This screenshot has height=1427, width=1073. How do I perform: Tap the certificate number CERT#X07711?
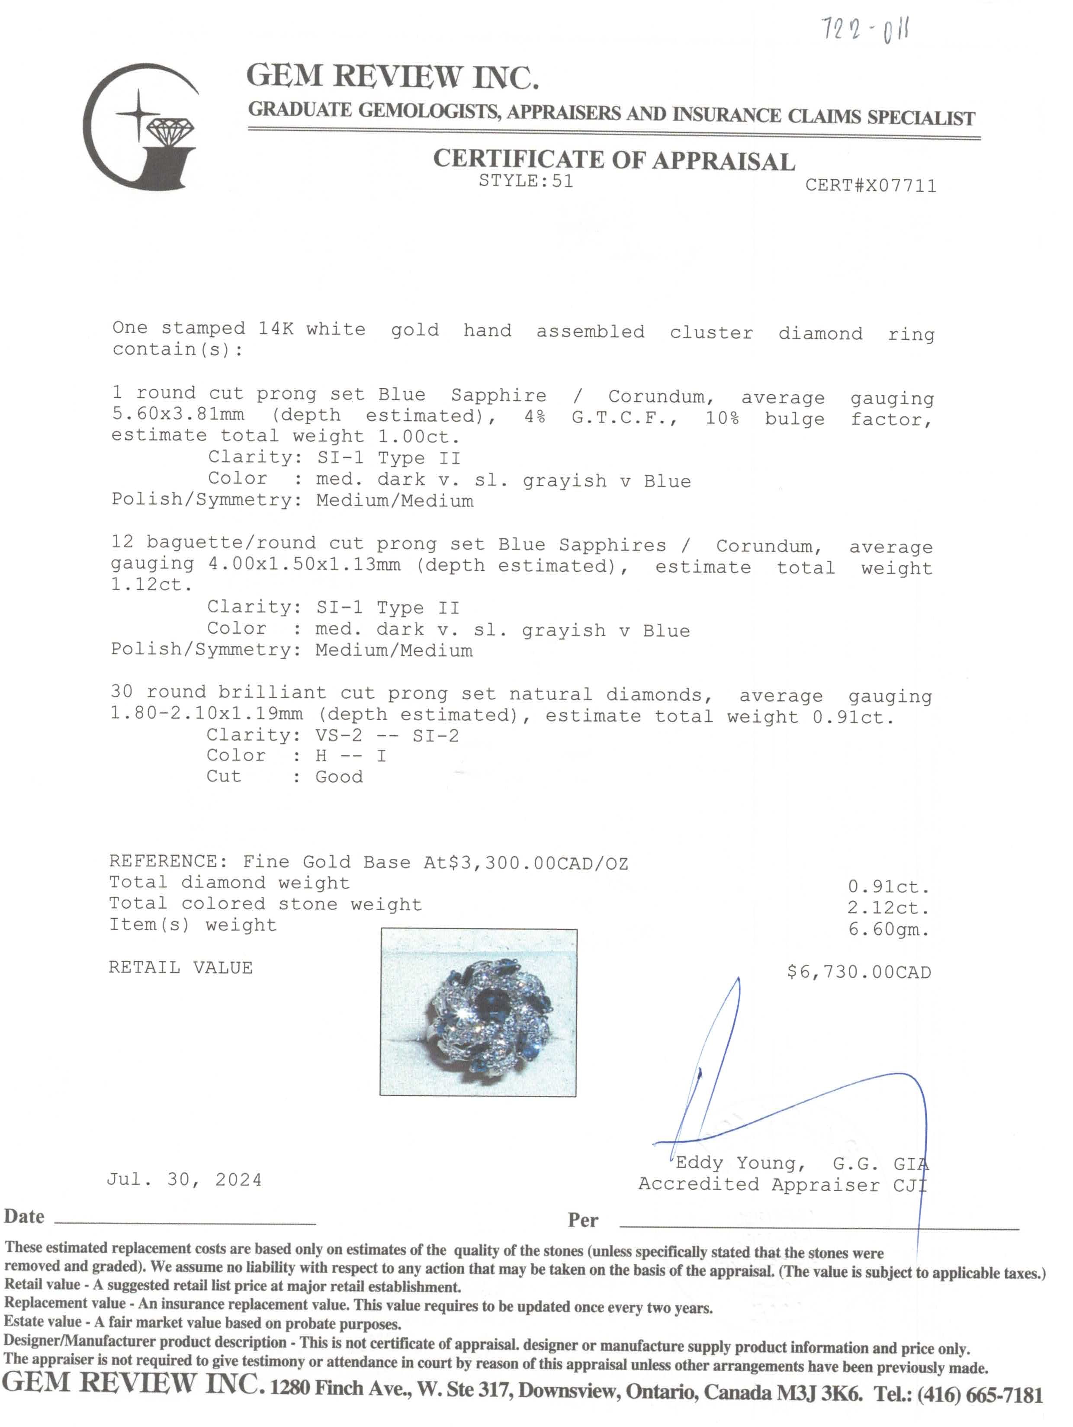click(870, 186)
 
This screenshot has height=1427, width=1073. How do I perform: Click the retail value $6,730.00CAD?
click(858, 972)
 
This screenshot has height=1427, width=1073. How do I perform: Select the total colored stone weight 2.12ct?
click(888, 908)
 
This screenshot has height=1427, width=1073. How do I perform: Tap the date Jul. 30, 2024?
click(184, 1180)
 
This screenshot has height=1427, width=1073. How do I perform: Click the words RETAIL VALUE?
click(180, 968)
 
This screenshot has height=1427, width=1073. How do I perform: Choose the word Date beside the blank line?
click(25, 1217)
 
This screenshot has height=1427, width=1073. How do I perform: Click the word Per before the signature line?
click(583, 1220)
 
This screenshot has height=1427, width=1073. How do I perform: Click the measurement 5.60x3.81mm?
click(178, 414)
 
